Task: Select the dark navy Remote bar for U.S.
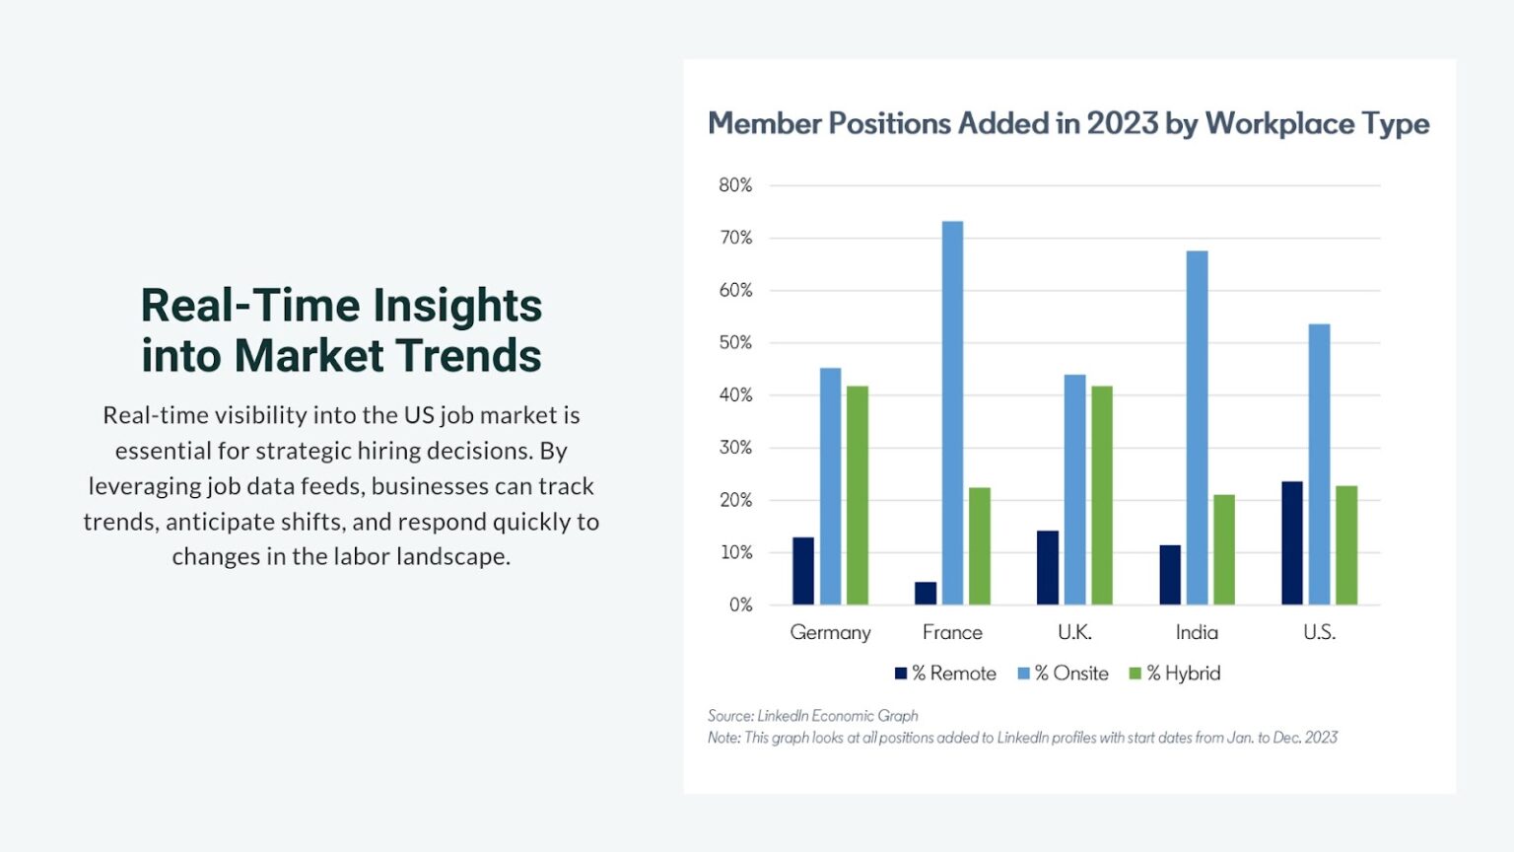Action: [x=1291, y=543]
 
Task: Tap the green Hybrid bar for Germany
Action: [x=858, y=495]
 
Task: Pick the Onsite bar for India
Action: [x=1197, y=428]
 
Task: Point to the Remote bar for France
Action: [x=926, y=594]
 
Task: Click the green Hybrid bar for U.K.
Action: [x=1101, y=495]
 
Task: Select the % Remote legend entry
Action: [x=945, y=674]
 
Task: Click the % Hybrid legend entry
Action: [x=1175, y=674]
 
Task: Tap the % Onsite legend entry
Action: [x=1064, y=674]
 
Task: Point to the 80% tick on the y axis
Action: [x=735, y=185]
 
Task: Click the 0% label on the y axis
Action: [x=740, y=605]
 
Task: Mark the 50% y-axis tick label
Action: [x=735, y=343]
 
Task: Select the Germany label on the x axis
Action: [x=830, y=633]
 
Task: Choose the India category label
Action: [x=1197, y=633]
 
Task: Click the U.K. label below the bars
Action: [x=1074, y=633]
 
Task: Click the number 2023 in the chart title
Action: [x=1122, y=123]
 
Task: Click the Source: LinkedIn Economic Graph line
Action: [x=812, y=716]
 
